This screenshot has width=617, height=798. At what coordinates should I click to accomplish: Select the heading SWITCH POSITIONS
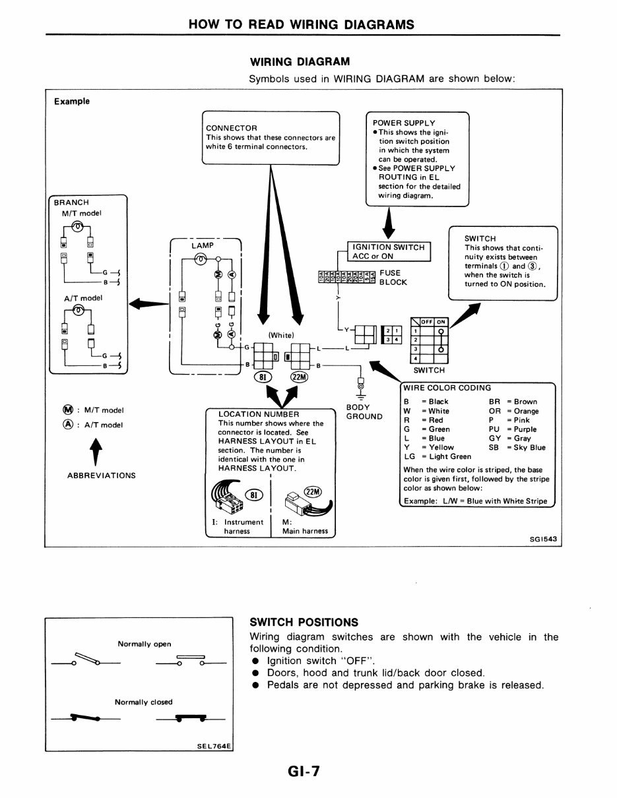tap(304, 622)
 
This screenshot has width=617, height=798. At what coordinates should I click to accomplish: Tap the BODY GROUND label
tap(364, 412)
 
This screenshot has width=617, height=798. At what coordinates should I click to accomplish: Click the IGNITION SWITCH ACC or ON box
tap(389, 252)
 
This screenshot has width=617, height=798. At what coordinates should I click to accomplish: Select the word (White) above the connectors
tap(280, 335)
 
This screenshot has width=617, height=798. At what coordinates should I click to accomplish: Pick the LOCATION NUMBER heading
tap(258, 414)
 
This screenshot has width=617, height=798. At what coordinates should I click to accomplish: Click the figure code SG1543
tap(543, 539)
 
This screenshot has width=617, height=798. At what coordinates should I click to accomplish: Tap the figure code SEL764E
tap(214, 747)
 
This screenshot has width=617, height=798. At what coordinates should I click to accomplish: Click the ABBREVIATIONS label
tap(102, 475)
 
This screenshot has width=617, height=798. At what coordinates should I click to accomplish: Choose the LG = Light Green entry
tap(438, 456)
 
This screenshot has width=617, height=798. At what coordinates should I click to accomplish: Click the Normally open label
tap(144, 644)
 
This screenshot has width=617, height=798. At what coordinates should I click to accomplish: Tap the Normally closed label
tap(143, 702)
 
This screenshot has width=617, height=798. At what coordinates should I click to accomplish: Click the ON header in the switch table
tap(441, 322)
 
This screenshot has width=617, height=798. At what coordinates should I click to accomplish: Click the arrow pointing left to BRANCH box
tap(148, 303)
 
